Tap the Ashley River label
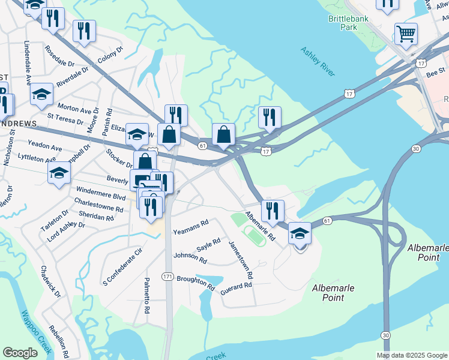coord(318,62)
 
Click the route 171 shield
coord(168,276)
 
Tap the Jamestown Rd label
coord(241,260)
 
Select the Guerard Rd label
coord(236,287)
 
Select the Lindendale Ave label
coord(27,62)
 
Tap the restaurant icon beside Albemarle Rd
coord(273,210)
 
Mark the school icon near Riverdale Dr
coord(41,94)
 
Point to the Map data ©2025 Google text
coord(411,355)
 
